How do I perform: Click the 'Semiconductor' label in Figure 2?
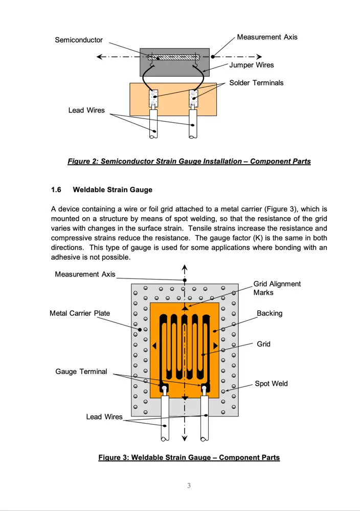(79, 40)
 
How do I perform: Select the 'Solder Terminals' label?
(263, 83)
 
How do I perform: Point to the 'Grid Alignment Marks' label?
(277, 288)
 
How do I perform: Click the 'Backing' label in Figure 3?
(269, 313)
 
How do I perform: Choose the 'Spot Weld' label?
(271, 384)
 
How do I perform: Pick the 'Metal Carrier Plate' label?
(80, 313)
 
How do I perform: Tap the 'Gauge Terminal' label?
(81, 371)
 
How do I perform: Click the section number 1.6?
(56, 190)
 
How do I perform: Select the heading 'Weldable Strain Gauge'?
(112, 190)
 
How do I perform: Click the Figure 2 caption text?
(189, 161)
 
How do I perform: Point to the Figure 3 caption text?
(189, 457)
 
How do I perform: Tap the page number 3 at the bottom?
(189, 485)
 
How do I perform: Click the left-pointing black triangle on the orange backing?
(153, 346)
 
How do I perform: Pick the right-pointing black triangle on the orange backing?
(216, 346)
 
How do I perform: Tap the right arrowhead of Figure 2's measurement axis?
(259, 57)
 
